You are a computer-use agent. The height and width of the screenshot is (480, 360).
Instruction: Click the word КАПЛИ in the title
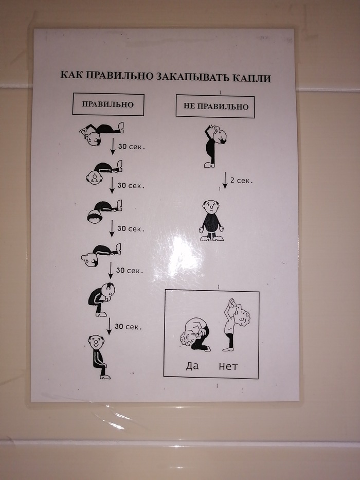click(251, 78)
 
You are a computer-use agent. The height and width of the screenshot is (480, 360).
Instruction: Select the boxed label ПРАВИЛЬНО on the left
click(108, 104)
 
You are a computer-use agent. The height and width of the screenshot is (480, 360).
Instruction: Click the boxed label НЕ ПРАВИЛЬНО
click(215, 106)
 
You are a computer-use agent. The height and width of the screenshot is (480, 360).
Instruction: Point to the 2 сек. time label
click(241, 181)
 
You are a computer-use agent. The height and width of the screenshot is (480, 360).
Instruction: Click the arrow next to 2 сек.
click(225, 180)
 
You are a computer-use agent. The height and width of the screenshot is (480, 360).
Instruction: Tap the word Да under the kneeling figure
click(192, 366)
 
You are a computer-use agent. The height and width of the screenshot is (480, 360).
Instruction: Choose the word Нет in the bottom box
click(228, 366)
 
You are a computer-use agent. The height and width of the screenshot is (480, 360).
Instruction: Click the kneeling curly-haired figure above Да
click(195, 334)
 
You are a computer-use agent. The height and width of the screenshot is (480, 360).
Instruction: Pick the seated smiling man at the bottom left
click(99, 357)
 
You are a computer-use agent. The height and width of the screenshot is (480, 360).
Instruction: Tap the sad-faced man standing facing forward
click(211, 220)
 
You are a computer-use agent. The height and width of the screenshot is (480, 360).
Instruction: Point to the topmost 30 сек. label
click(131, 147)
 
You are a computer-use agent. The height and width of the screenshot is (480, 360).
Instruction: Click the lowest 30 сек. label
click(128, 327)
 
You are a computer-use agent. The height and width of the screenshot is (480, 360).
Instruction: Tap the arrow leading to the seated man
click(109, 326)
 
